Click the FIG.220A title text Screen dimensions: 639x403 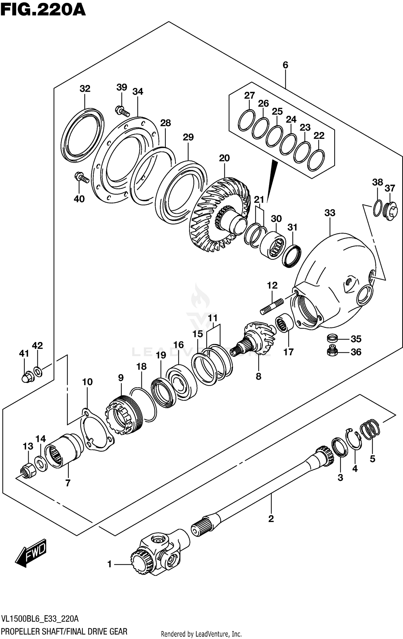pos(43,10)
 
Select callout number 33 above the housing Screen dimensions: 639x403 pos(330,213)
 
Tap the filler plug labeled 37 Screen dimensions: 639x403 pos(391,211)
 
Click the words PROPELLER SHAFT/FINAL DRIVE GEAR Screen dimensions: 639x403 pos(64,631)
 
